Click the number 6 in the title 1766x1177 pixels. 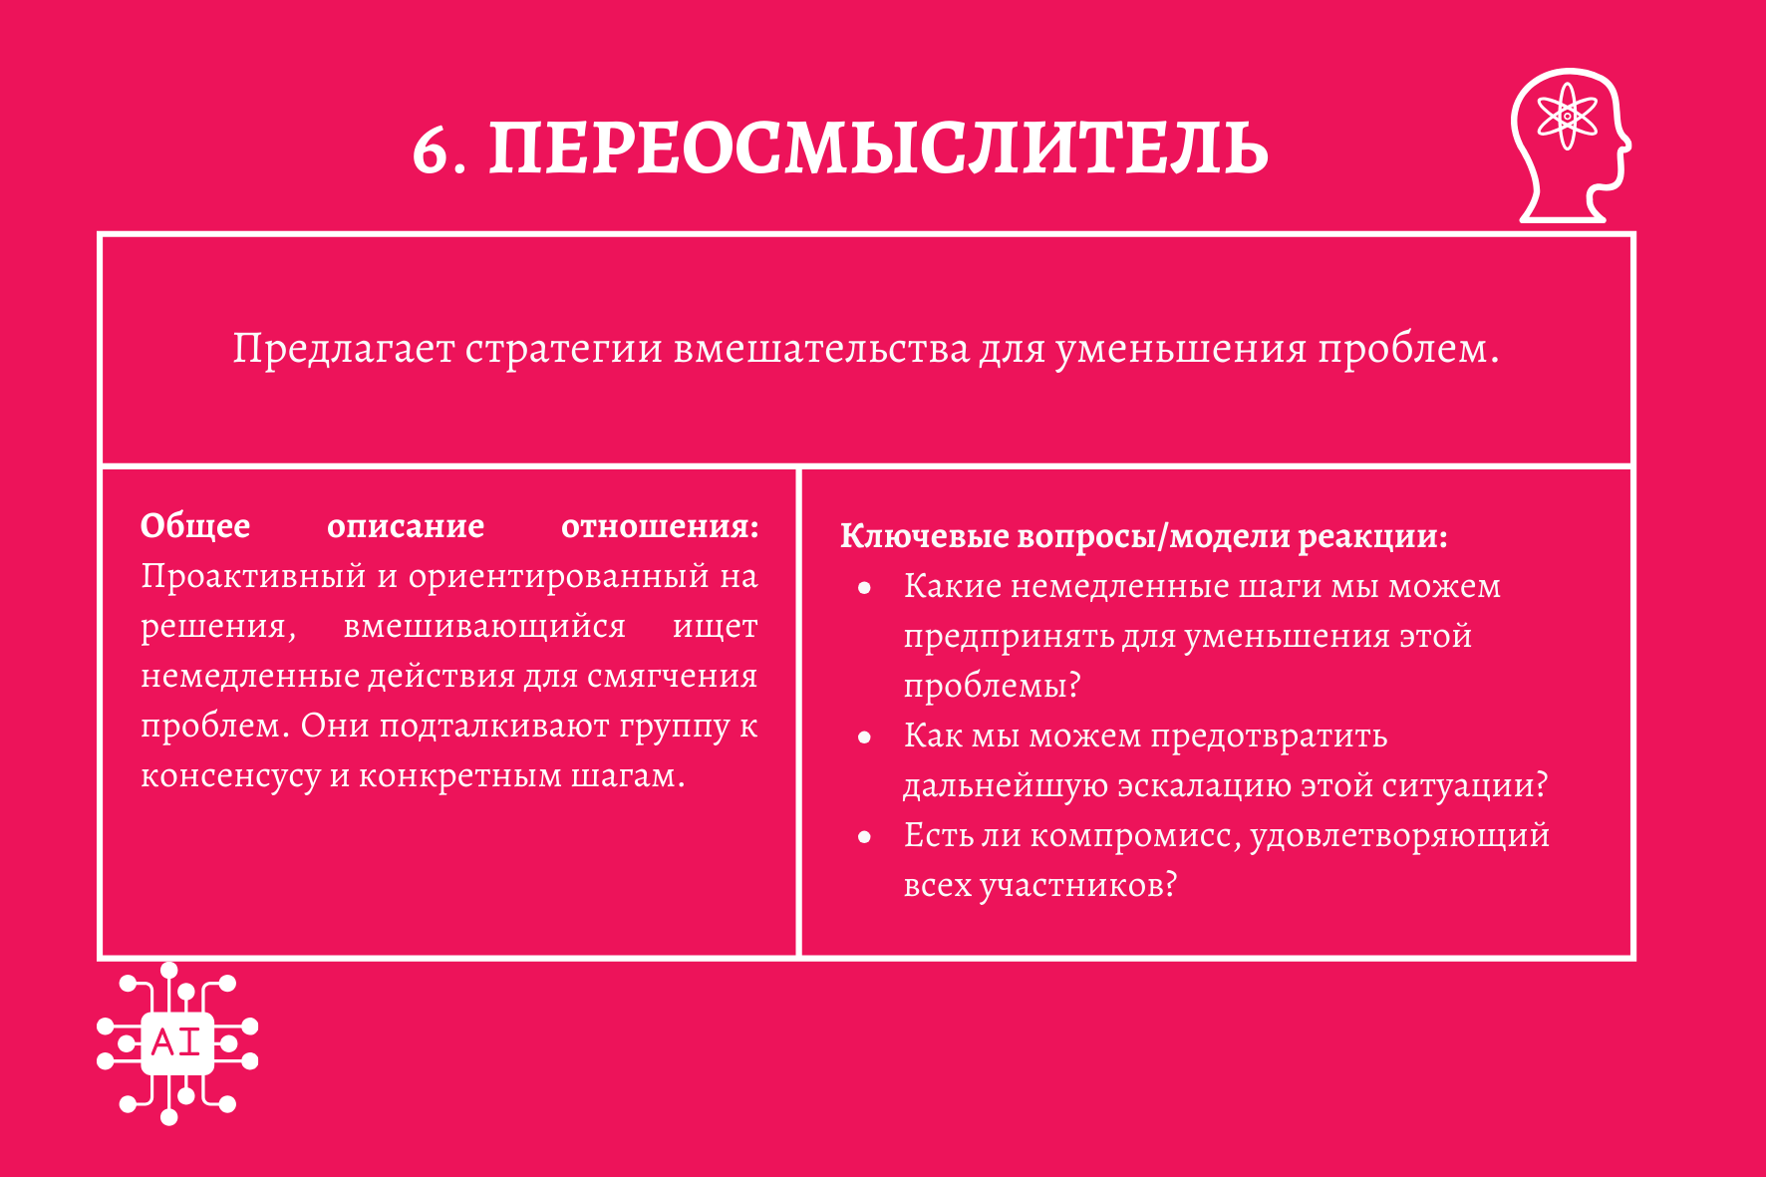432,150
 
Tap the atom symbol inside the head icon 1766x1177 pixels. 1567,116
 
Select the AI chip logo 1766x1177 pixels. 177,1043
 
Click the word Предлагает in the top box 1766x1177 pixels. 344,349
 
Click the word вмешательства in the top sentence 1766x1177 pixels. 821,349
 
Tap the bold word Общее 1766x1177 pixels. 195,526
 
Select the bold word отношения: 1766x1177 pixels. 660,526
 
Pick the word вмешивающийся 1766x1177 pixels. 484,627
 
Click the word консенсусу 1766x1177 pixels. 230,776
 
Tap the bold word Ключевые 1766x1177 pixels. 925,536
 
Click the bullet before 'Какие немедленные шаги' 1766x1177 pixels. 864,588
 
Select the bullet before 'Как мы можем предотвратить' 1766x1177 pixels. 864,737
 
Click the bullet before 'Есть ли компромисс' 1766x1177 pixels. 864,837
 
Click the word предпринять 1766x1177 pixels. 1008,637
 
